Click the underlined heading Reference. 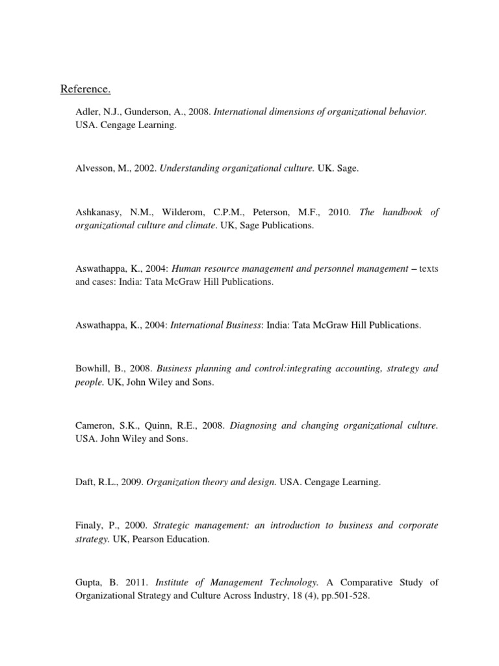pos(83,88)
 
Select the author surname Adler pos(88,112)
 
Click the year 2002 pos(142,168)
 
